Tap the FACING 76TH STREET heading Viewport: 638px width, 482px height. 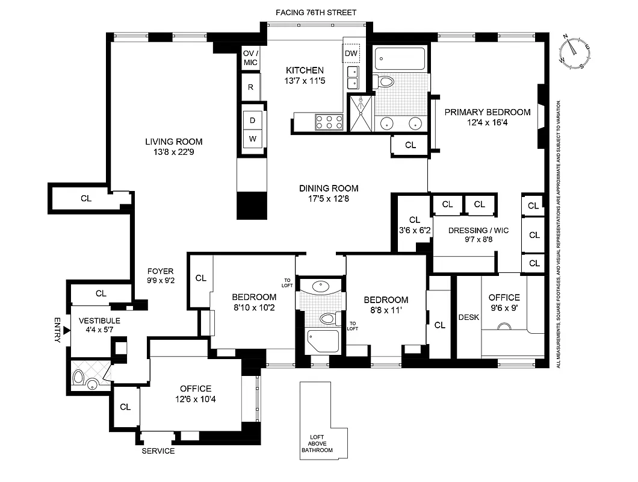(x=317, y=12)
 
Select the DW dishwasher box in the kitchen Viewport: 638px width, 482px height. (x=351, y=54)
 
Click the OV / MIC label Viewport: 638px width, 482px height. (x=250, y=58)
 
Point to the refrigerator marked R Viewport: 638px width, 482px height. (x=250, y=87)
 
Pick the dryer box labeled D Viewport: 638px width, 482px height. (x=253, y=120)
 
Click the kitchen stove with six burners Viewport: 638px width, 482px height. (x=329, y=122)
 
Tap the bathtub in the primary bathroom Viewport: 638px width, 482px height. (x=400, y=60)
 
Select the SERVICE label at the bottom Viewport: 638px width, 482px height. (x=158, y=451)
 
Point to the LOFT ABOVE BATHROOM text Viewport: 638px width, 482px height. (x=317, y=444)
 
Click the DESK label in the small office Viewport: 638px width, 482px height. (x=469, y=318)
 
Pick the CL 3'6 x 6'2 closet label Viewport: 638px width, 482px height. (x=413, y=224)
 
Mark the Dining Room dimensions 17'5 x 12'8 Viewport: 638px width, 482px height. (x=329, y=198)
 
